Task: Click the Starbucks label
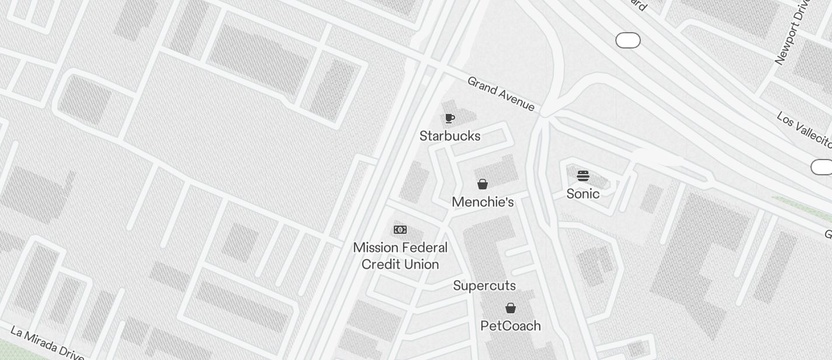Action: pos(450,136)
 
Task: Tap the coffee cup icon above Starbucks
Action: pos(449,119)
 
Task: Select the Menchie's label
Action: pos(483,202)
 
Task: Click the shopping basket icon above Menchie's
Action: pos(483,185)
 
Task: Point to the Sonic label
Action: pos(583,194)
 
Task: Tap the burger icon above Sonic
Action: pos(583,175)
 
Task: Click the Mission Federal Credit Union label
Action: pos(400,256)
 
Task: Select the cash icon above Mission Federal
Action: pos(400,230)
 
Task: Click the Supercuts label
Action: pos(484,286)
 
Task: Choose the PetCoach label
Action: pos(511,326)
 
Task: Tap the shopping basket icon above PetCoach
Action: pos(511,308)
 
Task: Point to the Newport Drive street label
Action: pos(792,32)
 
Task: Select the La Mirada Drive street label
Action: pos(47,345)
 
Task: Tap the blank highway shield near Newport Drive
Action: pos(628,40)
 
